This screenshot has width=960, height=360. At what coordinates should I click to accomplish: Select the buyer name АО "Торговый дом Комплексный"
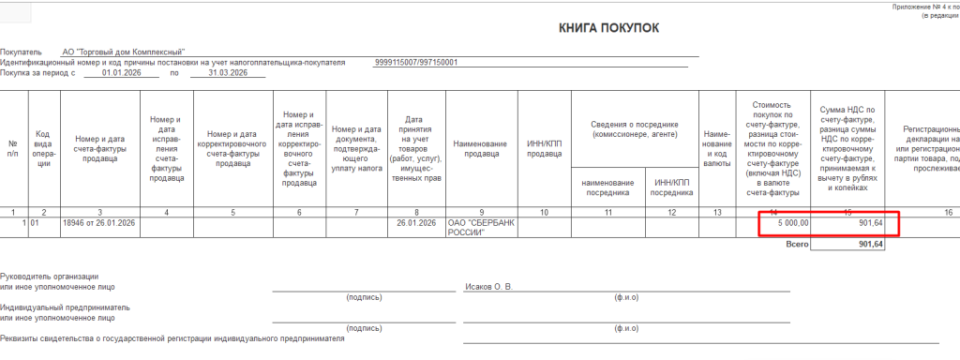point(124,52)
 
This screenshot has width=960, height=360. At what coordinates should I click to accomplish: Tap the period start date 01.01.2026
point(120,72)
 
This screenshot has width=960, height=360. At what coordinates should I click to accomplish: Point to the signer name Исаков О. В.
point(489,287)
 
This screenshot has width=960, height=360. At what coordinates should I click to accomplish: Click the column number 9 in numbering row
point(481,213)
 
